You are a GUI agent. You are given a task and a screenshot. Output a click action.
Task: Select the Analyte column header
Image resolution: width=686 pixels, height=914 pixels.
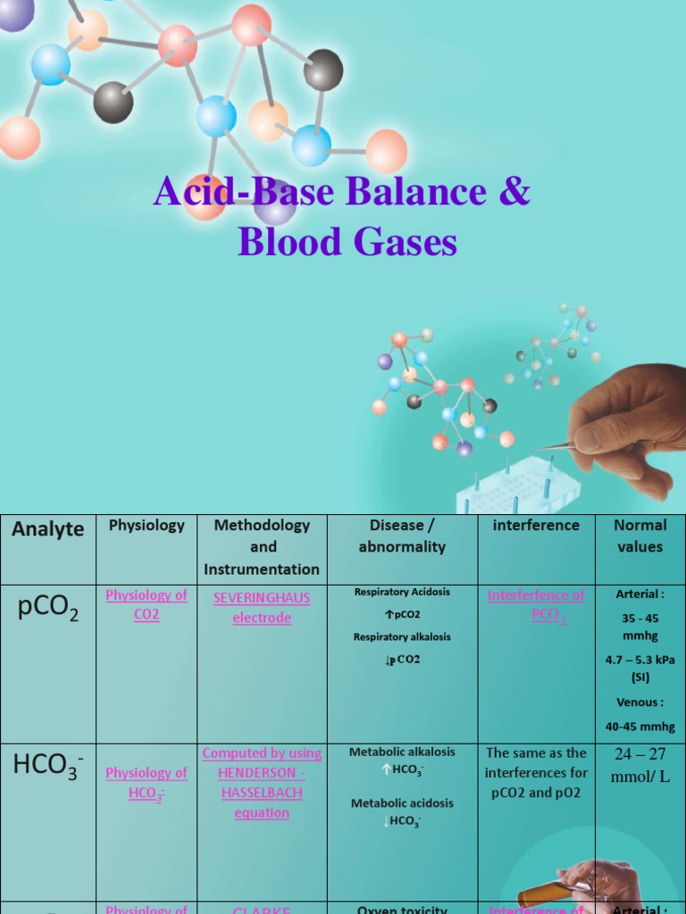coord(48,528)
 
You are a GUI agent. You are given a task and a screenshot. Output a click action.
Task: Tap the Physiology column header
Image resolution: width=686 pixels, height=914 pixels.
coord(146,526)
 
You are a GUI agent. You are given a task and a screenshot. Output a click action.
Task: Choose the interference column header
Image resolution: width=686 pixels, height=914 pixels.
coord(536,526)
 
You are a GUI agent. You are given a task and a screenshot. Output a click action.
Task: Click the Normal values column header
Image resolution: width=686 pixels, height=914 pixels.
coord(640,536)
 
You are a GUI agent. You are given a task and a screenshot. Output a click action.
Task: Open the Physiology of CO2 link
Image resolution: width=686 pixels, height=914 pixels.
coord(146,604)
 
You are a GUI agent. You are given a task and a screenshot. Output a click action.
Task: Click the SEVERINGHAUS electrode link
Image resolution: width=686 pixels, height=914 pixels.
coord(262,607)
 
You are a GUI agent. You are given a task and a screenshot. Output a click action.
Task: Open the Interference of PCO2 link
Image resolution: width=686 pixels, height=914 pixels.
coord(536,604)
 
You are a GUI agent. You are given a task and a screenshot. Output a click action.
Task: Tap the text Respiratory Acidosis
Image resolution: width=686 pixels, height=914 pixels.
coord(402,592)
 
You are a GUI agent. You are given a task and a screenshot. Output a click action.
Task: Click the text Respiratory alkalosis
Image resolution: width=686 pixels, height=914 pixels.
coord(402,637)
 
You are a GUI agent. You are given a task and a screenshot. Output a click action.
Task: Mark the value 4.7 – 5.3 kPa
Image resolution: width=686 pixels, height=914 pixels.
coord(640,660)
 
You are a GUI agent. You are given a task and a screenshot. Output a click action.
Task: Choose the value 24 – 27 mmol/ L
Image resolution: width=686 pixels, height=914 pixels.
coord(640,765)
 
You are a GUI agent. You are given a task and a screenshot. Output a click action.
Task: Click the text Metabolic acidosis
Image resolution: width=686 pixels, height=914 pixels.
coord(402,802)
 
